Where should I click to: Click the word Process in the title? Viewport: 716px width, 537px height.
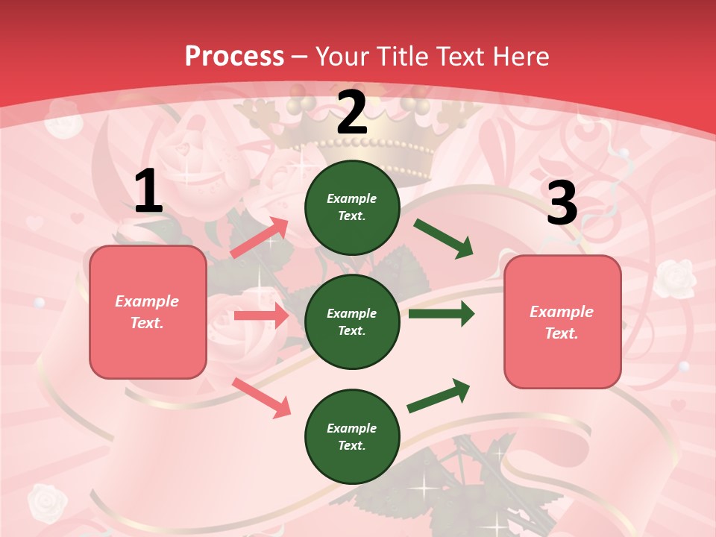pos(234,56)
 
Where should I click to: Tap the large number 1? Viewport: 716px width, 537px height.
pos(148,192)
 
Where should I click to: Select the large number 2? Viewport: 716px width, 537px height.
pos(352,113)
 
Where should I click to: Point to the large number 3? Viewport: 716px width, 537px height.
pos(562,203)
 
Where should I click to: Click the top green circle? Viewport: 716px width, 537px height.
pos(352,207)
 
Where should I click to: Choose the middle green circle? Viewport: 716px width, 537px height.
pos(352,321)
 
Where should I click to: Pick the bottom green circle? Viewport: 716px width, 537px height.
pos(352,436)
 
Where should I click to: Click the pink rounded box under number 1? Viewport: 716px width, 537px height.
pos(148,312)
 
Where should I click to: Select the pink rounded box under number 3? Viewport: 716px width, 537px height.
pos(562,321)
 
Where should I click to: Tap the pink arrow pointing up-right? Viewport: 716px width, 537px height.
pos(259,237)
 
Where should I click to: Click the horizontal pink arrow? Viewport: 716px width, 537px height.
pos(261,315)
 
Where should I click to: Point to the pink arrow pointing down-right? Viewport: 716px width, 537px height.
pos(261,397)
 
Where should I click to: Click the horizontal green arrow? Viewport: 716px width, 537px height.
pos(442,314)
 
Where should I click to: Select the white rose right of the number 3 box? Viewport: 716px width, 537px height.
pos(675,278)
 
